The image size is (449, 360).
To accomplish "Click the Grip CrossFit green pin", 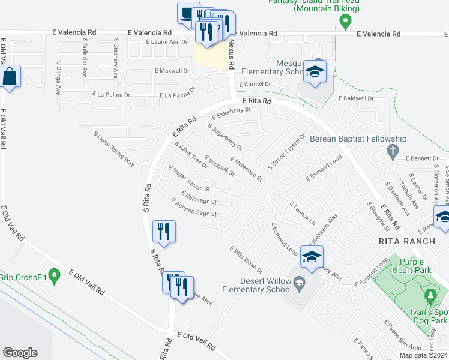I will click(55, 277).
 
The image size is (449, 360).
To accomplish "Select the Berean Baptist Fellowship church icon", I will click(393, 151).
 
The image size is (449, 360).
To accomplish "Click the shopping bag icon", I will click(10, 77).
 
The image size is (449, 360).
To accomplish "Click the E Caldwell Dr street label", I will click(356, 98).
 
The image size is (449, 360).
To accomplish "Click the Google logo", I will click(20, 353).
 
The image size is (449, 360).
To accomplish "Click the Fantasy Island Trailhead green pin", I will click(345, 23).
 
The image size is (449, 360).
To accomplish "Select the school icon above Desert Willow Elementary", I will click(312, 257).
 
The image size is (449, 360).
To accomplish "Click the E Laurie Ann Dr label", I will click(167, 42).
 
